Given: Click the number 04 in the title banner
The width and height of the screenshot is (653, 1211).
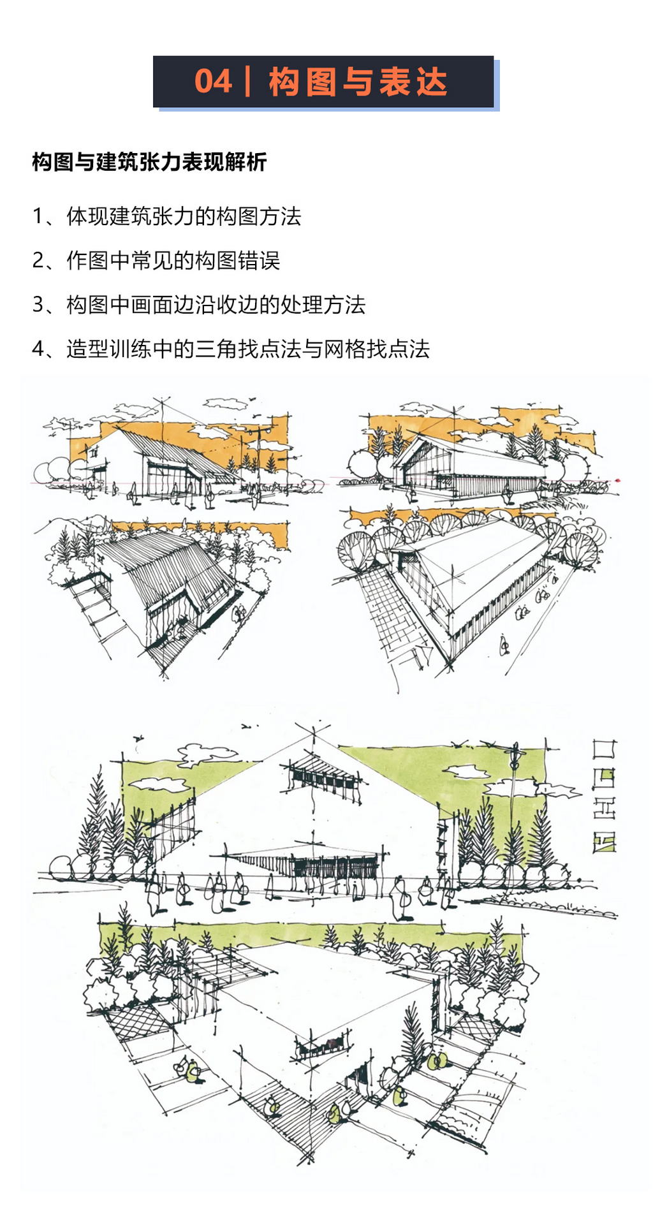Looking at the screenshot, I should point(213,82).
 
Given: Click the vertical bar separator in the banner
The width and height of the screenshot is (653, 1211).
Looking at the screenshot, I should point(247,82).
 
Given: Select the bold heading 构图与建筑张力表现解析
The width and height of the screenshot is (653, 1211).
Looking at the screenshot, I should point(149,162).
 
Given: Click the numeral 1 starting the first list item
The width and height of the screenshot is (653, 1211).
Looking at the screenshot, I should point(38,216).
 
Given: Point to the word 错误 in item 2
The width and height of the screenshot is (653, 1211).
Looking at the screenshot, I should point(258,260).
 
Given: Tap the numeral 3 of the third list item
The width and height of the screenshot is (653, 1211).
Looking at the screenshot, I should point(38,304).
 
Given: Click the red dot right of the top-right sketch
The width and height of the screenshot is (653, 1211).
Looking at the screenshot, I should point(618,480).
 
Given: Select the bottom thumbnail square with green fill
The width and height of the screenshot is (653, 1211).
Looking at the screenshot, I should point(604,842).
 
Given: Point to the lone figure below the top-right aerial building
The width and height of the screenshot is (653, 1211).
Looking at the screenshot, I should point(504,645).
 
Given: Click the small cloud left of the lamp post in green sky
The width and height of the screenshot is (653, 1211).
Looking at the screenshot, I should point(466,772).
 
